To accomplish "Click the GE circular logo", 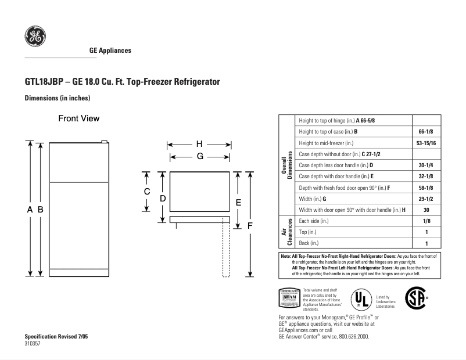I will point(35,37).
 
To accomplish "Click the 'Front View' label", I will point(78,118).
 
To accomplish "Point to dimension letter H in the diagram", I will point(199,144).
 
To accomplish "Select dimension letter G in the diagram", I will point(199,156).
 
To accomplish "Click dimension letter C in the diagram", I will point(147,192).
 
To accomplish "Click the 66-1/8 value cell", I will point(426,132).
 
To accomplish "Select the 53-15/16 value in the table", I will point(426,143).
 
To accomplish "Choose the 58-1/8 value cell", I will point(426,188).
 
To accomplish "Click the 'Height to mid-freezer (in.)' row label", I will point(326,143).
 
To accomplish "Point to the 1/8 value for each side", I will point(426,221).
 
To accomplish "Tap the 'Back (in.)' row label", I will point(309,243).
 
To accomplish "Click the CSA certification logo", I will point(415,297).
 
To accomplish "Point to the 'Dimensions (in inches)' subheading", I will point(57,98).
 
